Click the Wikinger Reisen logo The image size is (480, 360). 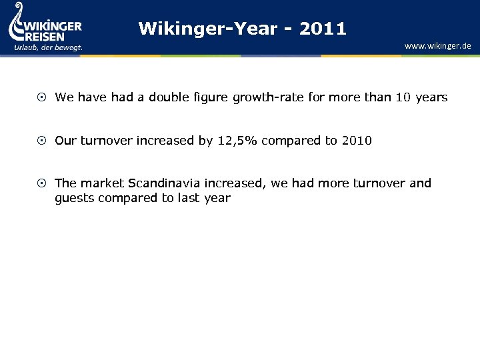point(45,27)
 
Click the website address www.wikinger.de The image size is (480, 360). point(437,46)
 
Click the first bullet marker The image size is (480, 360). point(42,97)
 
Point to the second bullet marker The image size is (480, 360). point(42,141)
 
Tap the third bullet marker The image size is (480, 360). point(42,183)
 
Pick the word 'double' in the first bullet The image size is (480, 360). point(167,97)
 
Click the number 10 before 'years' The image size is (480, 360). point(403,97)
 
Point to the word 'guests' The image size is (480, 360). point(74,199)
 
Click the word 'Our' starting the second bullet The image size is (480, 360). point(65,141)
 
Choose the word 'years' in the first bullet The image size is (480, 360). point(431,98)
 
